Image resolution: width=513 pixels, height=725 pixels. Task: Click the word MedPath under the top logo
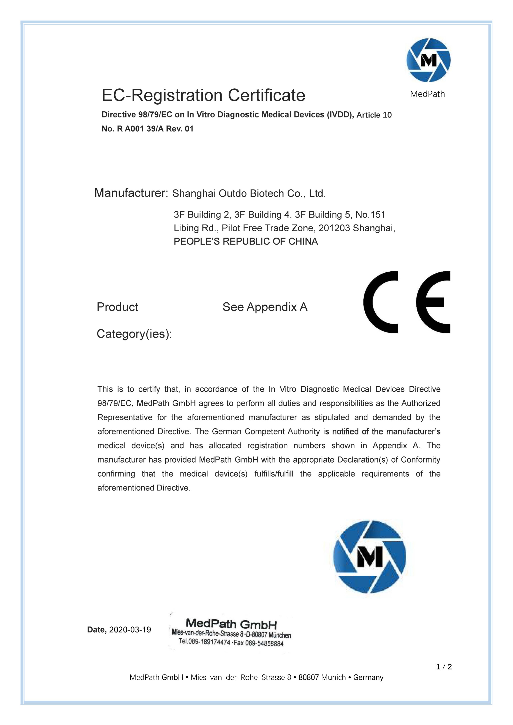pyautogui.click(x=427, y=94)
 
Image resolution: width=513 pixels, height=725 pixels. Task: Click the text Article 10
pyautogui.click(x=374, y=115)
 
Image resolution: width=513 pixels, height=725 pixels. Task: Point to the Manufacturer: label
pyautogui.click(x=131, y=193)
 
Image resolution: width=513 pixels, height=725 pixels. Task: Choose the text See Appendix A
pyautogui.click(x=265, y=307)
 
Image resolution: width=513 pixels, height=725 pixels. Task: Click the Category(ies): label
pyautogui.click(x=134, y=334)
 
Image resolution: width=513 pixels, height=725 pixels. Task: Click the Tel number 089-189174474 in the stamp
pyautogui.click(x=209, y=642)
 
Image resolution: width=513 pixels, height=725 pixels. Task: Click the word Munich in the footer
pyautogui.click(x=334, y=677)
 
